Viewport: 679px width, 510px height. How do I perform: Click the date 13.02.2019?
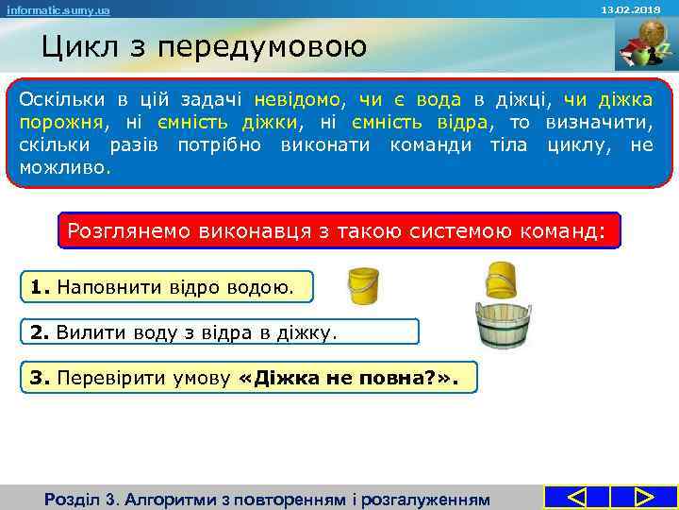638,8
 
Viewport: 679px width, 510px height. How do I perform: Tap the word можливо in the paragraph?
61,168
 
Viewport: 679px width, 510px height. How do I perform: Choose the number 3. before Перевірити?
39,378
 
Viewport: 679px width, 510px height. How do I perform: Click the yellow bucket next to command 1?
363,285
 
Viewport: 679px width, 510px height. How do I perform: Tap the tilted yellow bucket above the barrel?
502,280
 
